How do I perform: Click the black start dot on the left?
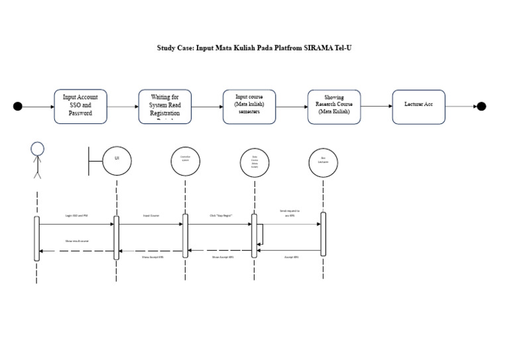click(x=18, y=106)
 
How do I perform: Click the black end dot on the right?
click(x=481, y=106)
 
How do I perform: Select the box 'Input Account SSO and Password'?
click(x=80, y=106)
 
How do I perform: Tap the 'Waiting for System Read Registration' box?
click(x=165, y=106)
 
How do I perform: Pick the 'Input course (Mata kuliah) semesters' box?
click(x=249, y=106)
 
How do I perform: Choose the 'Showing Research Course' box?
click(x=334, y=106)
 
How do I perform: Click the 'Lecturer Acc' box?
click(x=418, y=106)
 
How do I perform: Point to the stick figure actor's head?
click(x=37, y=149)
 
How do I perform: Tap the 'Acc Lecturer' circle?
click(x=323, y=160)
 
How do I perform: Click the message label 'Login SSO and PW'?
click(x=76, y=216)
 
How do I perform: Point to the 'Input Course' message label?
click(x=151, y=216)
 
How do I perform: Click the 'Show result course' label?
click(x=76, y=241)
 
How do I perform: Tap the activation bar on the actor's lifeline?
click(x=37, y=238)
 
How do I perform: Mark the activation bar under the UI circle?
click(x=117, y=237)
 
